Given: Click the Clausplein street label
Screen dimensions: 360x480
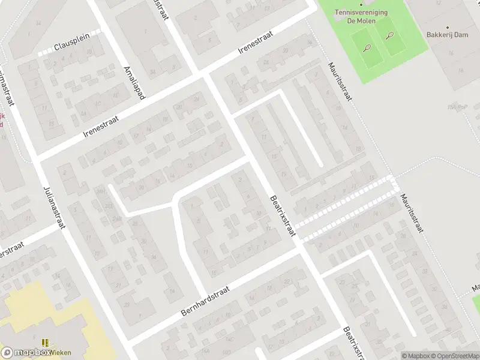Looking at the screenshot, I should click(71, 46).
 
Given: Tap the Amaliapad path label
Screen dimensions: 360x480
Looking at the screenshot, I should click(133, 83).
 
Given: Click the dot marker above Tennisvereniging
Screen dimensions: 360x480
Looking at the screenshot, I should click(361, 4).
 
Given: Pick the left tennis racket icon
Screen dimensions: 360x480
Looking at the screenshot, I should click(366, 47).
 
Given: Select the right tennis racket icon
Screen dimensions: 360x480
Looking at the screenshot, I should click(389, 35).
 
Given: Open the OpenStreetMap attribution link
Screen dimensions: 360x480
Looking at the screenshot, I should click(454, 356).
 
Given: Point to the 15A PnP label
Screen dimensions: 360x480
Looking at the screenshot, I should click(457, 107).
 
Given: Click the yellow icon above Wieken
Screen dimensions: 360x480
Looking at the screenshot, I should click(44, 343).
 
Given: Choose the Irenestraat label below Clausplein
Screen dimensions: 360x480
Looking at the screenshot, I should click(101, 127).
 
